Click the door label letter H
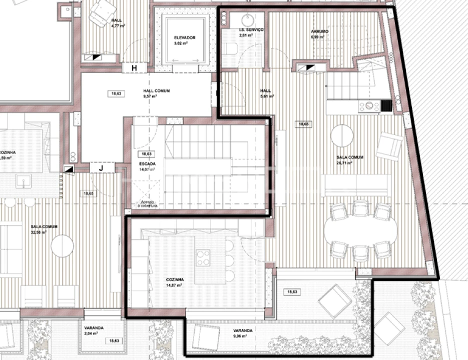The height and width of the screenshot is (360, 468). (x=134, y=68)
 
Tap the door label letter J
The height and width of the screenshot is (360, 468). (x=101, y=168)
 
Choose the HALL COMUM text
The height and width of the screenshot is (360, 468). (x=143, y=93)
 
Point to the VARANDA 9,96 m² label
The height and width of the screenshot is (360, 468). (x=243, y=333)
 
